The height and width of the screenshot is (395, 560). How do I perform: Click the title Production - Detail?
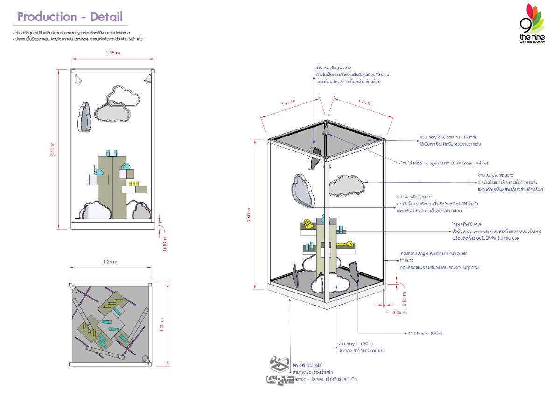pyautogui.click(x=70, y=17)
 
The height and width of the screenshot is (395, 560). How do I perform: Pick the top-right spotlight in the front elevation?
pyautogui.click(x=148, y=80)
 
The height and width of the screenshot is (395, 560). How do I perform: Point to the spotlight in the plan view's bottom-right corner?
pyautogui.click(x=146, y=361)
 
